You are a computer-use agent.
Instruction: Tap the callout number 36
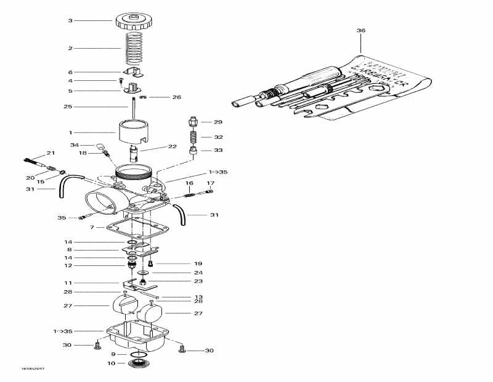click(361, 30)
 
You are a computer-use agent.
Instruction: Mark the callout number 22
click(173, 146)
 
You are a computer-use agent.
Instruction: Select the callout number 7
click(92, 228)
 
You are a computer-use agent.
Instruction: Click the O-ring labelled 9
click(139, 354)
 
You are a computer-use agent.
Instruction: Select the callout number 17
click(210, 183)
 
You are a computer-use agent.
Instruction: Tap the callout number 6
click(70, 72)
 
